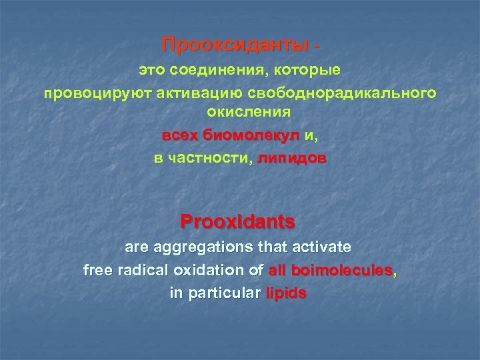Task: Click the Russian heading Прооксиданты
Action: [236, 45]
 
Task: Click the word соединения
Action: [211, 69]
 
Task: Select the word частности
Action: [208, 159]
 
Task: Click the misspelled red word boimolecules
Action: [341, 270]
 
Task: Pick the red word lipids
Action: [286, 293]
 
